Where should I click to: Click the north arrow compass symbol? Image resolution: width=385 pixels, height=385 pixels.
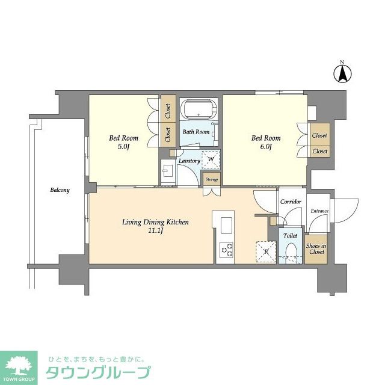pyautogui.click(x=342, y=73)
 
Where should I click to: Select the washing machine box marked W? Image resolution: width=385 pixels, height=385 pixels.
pyautogui.click(x=211, y=160)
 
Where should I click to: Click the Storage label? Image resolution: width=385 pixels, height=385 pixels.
pyautogui.click(x=212, y=179)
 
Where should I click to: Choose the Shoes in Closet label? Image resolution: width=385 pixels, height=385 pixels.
pyautogui.click(x=315, y=248)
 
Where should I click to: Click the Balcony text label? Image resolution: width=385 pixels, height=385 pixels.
pyautogui.click(x=60, y=190)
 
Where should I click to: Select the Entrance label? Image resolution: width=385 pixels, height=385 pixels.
pyautogui.click(x=319, y=211)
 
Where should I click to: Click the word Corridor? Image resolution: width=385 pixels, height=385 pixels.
pyautogui.click(x=291, y=202)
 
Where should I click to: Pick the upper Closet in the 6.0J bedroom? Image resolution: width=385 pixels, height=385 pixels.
pyautogui.click(x=319, y=136)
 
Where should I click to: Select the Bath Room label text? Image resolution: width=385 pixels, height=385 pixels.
pyautogui.click(x=196, y=132)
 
